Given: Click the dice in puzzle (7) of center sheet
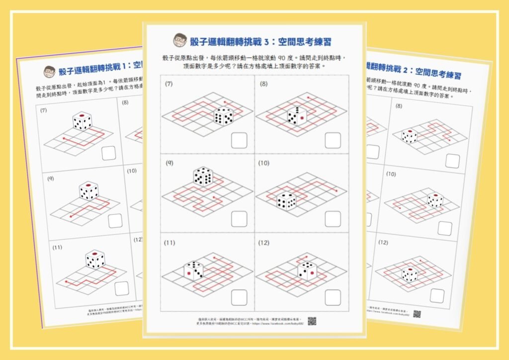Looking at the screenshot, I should click(x=224, y=116).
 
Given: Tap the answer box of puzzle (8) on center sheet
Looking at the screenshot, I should click(x=333, y=140).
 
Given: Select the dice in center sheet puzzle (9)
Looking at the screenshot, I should click(x=203, y=177).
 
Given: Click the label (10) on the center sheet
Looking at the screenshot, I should click(x=263, y=163).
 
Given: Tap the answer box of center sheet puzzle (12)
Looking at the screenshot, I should click(x=333, y=297).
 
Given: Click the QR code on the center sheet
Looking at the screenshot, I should click(x=312, y=321).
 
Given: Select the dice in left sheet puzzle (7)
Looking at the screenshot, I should click(x=82, y=121).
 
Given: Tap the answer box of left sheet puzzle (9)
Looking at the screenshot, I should click(x=116, y=220).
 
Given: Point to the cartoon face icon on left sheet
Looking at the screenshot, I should click(x=49, y=71).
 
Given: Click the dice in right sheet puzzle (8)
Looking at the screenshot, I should click(x=409, y=136).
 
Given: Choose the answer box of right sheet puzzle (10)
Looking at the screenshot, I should click(x=445, y=228).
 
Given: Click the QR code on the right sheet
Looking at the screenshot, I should click(x=417, y=314).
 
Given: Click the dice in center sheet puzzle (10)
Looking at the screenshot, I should click(x=286, y=200).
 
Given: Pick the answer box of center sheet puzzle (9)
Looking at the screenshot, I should click(x=239, y=219).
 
